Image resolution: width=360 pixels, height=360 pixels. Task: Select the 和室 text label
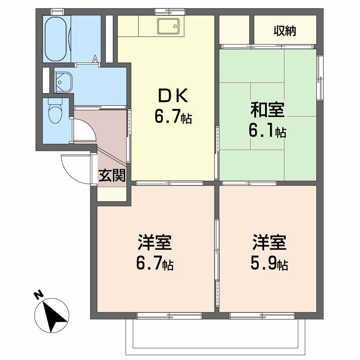[x=268, y=110]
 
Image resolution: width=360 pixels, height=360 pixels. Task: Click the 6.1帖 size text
[x=268, y=131]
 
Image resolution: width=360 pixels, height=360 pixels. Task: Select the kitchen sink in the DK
[x=168, y=27]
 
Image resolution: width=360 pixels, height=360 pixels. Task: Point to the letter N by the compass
[x=38, y=295]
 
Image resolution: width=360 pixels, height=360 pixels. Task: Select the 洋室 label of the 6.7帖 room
[x=154, y=243]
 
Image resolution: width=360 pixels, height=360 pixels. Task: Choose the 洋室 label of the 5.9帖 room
[x=269, y=243]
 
